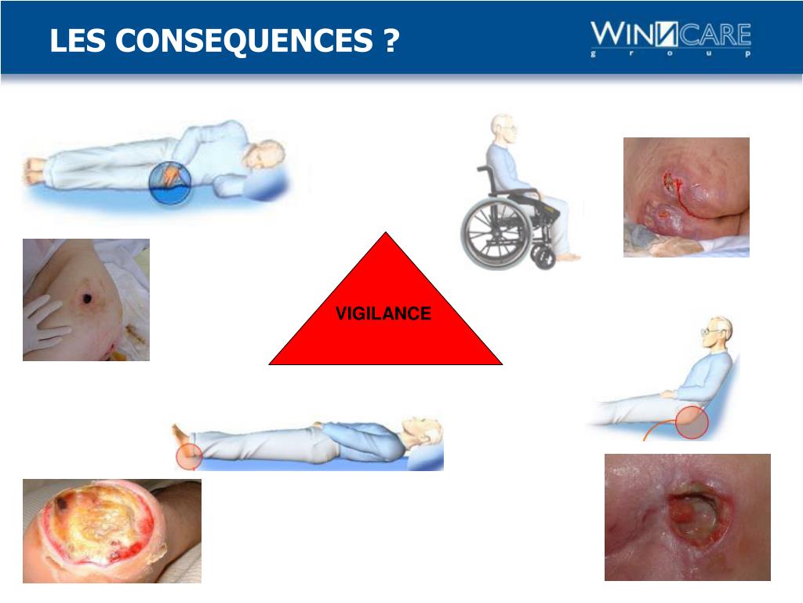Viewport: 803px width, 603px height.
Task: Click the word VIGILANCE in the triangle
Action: (383, 314)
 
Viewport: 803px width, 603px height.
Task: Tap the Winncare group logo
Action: (670, 38)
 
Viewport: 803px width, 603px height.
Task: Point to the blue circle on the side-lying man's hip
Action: (169, 181)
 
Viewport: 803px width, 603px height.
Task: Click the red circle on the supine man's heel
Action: (188, 456)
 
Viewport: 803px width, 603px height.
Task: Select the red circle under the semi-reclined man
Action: (692, 422)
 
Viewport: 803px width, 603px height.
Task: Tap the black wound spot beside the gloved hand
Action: (84, 299)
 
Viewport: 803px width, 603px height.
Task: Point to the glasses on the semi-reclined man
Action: (709, 332)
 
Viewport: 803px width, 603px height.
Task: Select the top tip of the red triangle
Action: (385, 234)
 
